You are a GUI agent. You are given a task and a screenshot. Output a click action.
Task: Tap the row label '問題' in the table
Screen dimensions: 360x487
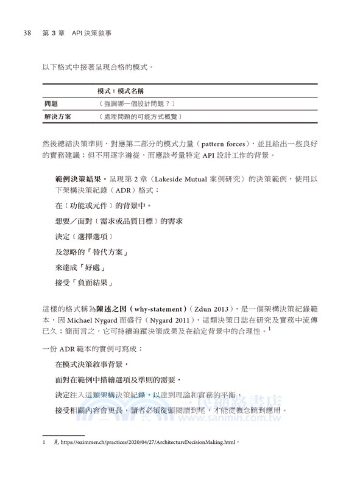(51, 103)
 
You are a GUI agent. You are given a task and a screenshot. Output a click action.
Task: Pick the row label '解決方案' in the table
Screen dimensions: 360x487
(57, 115)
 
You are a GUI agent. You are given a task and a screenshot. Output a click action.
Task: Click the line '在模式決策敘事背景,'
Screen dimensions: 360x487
(91, 364)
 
